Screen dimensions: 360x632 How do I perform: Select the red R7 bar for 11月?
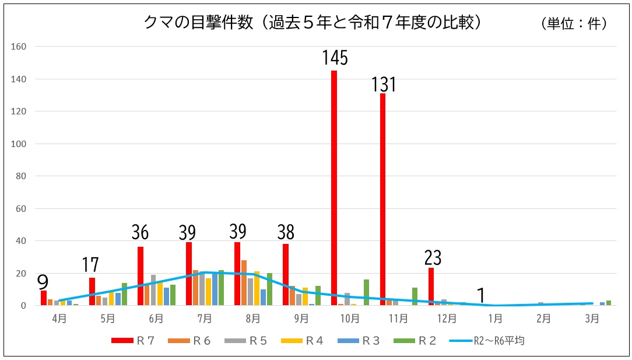[x=382, y=199]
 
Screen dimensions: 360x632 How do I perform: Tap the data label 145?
[x=335, y=58]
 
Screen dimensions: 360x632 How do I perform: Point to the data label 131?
[x=384, y=85]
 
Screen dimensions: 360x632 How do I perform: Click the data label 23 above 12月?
[x=433, y=257]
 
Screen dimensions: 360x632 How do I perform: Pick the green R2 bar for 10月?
[x=366, y=292]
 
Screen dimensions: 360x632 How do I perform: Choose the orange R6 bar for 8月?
[x=244, y=283]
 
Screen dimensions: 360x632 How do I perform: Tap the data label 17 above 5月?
[x=90, y=266]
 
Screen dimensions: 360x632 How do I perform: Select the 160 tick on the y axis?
[x=20, y=47]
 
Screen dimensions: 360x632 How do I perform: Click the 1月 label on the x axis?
[x=496, y=318]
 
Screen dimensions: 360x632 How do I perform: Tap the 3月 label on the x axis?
[x=592, y=318]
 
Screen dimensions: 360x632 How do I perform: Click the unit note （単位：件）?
[x=574, y=23]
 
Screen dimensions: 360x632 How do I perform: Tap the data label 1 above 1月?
[x=481, y=296]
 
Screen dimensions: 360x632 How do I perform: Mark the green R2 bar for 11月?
[x=415, y=296]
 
